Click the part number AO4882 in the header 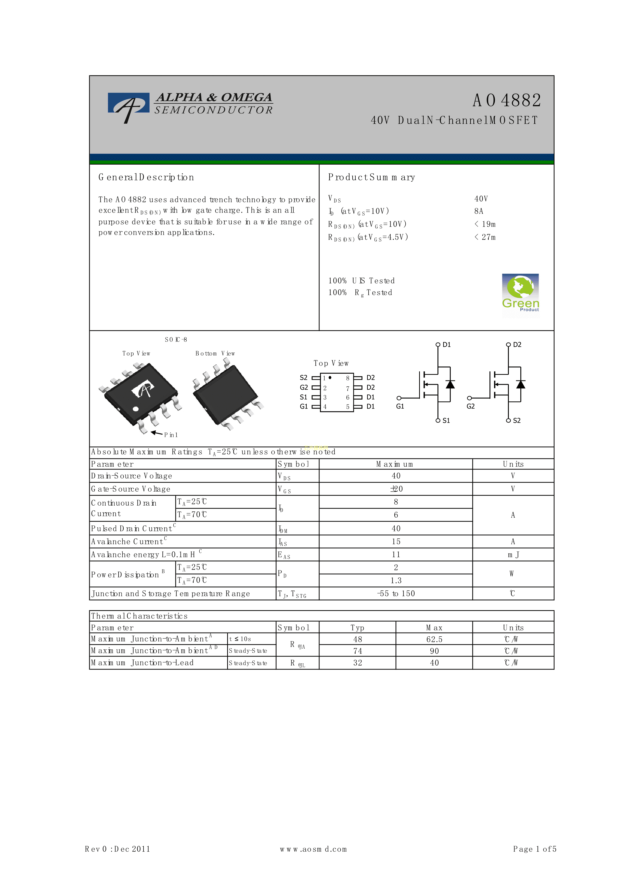tap(507, 100)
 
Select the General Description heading tap(146, 178)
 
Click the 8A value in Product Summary tap(479, 211)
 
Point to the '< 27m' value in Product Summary tap(485, 237)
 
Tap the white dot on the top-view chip tap(136, 409)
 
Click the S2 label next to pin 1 tap(303, 378)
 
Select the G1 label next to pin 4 tap(304, 406)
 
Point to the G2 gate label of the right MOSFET tap(470, 406)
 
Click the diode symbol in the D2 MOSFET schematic tap(521, 384)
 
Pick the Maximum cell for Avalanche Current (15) tap(396, 542)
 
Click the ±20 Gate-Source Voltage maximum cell tap(396, 489)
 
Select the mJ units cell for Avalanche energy tap(513, 555)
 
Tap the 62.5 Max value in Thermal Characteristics tap(434, 639)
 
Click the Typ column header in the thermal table tap(357, 628)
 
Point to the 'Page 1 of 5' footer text tap(535, 849)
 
